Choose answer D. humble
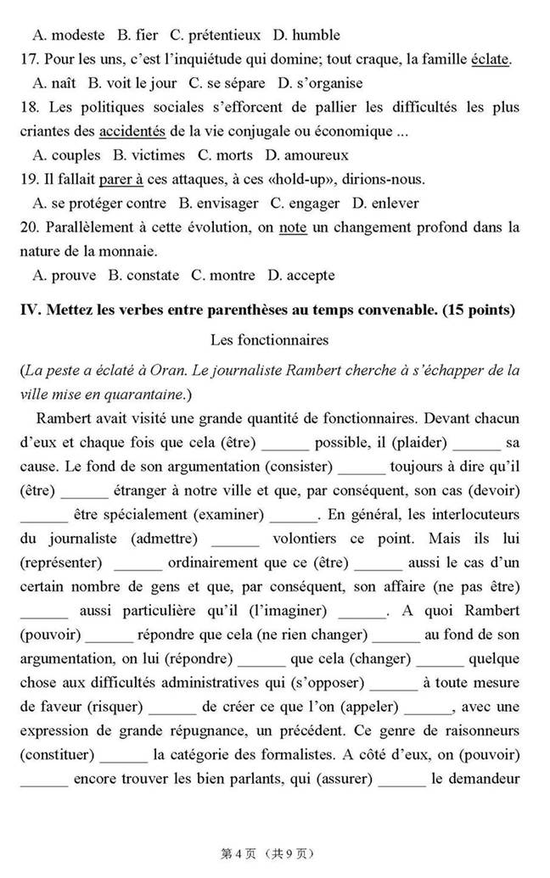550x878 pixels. [306, 35]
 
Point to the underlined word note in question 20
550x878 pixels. [292, 227]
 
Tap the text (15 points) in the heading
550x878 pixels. [478, 310]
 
